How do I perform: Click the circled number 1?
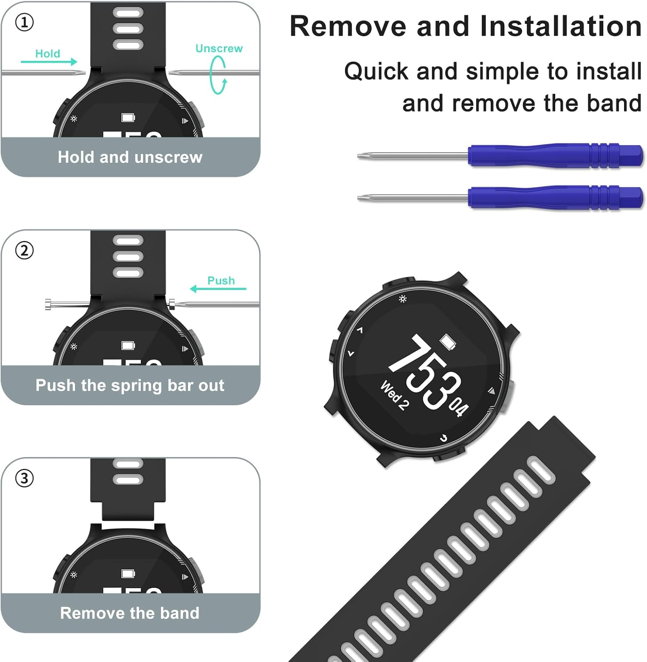(24, 23)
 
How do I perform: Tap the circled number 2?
(24, 251)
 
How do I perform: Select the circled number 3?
(24, 478)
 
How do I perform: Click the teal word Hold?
(48, 54)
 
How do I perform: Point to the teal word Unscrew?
(219, 49)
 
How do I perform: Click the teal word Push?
(221, 281)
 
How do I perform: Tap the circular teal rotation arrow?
(218, 75)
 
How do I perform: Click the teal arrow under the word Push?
(218, 289)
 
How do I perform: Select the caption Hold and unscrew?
(130, 157)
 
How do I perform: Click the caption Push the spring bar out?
(130, 385)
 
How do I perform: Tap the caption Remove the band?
(130, 613)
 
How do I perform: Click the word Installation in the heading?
(560, 26)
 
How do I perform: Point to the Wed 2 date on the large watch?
(394, 396)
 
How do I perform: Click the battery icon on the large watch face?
(448, 342)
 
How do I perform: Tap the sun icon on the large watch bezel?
(402, 299)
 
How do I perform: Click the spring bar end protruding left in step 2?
(49, 304)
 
